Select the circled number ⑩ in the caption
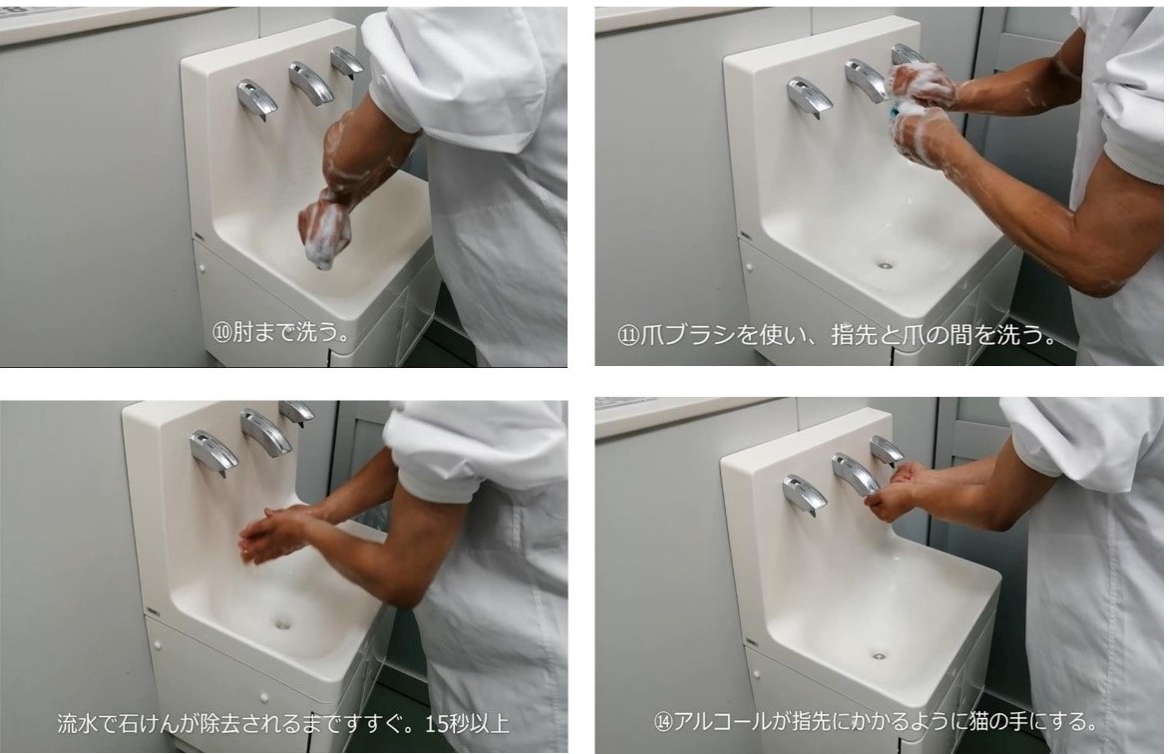click(222, 333)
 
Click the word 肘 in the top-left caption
click(243, 332)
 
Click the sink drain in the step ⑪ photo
click(885, 263)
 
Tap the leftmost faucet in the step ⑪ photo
click(809, 97)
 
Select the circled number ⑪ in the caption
click(627, 335)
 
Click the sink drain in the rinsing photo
click(282, 620)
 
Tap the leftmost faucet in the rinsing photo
click(213, 452)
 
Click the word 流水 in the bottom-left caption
click(78, 723)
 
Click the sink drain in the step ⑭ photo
click(879, 656)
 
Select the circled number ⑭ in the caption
click(663, 722)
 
